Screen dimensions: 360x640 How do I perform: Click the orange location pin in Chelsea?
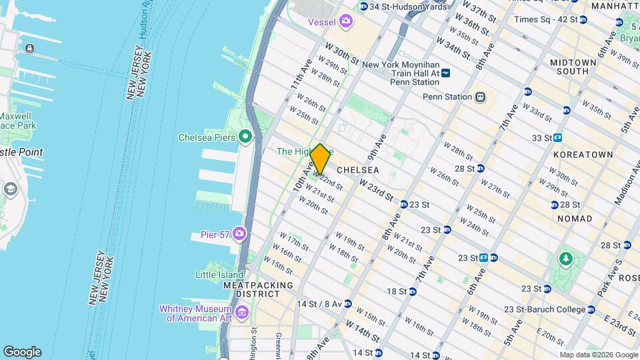point(320,159)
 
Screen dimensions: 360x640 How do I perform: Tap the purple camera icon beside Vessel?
point(345,22)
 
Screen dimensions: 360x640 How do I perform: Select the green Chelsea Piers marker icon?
point(245,138)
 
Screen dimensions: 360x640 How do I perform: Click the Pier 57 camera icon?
point(239,235)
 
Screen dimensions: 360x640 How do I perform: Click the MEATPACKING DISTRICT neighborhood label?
point(258,289)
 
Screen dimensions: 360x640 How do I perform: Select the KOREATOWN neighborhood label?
point(583,154)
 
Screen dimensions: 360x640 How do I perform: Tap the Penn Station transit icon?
point(479,97)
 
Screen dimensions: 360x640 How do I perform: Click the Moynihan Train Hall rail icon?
point(446,73)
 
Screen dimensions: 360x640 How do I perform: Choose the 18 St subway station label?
point(397,291)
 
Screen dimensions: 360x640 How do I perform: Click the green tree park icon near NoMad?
point(566,258)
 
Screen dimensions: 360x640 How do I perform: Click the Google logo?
point(22,352)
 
